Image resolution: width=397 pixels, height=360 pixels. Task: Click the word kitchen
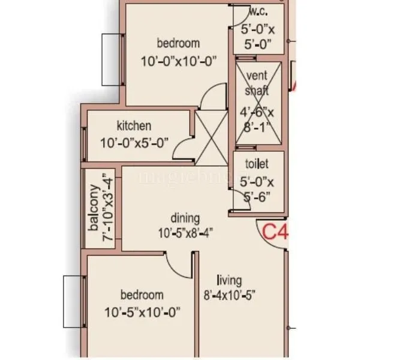[134, 126]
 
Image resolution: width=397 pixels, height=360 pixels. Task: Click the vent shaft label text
[257, 84]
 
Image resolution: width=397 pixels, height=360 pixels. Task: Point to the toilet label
[257, 164]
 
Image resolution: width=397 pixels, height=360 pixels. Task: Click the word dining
[185, 218]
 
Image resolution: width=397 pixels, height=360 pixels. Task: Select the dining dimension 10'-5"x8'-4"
[185, 232]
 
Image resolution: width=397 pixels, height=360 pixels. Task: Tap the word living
[230, 280]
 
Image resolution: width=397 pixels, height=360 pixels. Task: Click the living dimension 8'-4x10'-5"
[231, 295]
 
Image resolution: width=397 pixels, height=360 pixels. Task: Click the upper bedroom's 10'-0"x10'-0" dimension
[178, 61]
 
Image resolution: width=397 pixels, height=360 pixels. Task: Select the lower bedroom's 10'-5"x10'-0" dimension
[142, 312]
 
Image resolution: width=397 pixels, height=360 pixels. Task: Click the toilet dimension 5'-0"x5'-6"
[257, 189]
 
